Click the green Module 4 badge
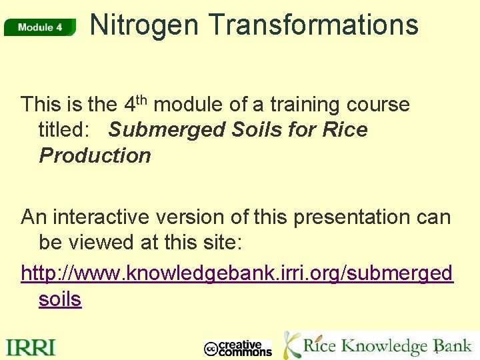click(40, 27)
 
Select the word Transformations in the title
click(313, 25)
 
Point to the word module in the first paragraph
click(189, 105)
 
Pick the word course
click(379, 105)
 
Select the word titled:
click(63, 129)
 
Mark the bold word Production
click(95, 155)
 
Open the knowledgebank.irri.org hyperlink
click(237, 273)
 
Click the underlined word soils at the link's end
click(60, 299)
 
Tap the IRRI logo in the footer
click(31, 347)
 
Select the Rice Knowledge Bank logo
click(377, 345)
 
